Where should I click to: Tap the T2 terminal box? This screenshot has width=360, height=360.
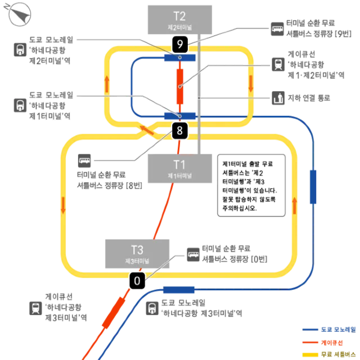179,20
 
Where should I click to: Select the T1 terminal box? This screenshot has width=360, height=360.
179,168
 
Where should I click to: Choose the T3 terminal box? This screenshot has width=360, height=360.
137,253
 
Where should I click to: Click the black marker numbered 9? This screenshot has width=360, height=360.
179,43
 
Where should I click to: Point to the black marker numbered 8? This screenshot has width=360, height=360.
179,132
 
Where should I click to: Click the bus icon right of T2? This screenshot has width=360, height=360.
278,28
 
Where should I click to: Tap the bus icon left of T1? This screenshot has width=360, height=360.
85,161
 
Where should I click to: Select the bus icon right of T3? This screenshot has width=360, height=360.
193,255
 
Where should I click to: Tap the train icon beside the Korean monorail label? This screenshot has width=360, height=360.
20,103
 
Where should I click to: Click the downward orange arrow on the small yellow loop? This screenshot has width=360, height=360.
251,83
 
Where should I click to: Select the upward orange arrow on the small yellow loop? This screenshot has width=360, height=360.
107,83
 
